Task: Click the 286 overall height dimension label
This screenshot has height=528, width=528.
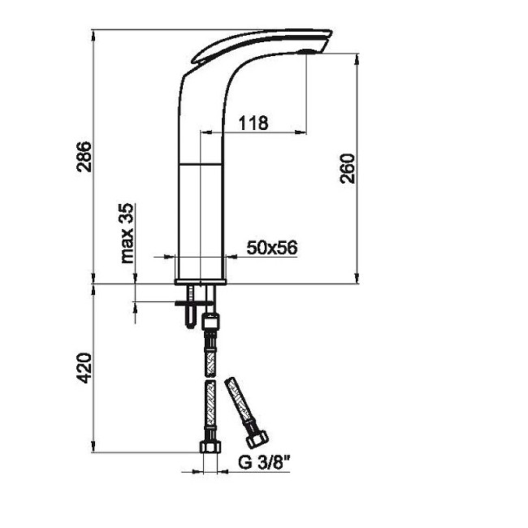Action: (x=84, y=157)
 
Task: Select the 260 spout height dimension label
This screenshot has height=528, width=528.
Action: (x=347, y=168)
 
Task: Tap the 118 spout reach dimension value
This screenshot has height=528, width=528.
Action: (x=253, y=123)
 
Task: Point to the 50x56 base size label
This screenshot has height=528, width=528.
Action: (x=272, y=248)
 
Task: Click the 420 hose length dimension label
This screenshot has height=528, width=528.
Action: (x=84, y=368)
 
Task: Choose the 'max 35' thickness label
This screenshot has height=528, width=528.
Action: (x=128, y=233)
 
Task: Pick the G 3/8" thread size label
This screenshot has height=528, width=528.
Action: (x=264, y=462)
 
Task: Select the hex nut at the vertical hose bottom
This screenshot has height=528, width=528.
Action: (x=211, y=447)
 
